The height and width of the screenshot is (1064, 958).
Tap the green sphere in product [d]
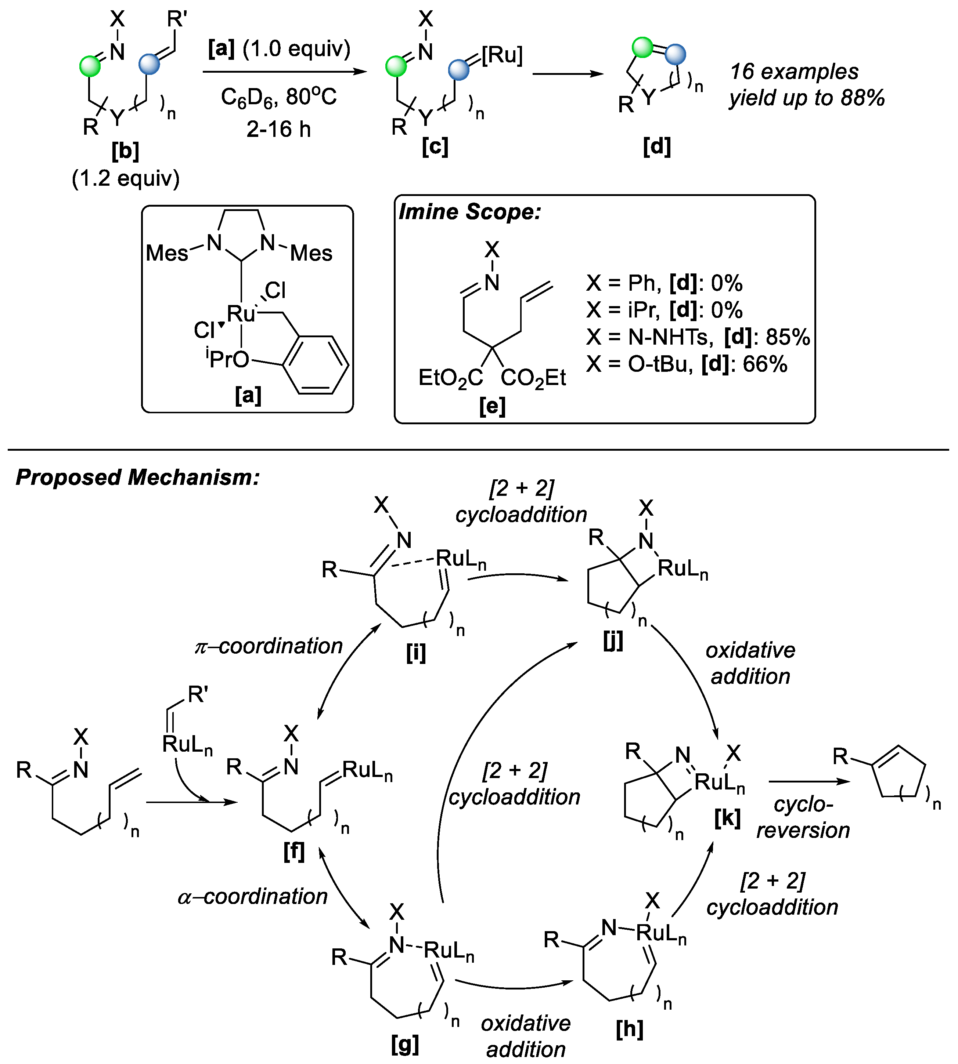642,47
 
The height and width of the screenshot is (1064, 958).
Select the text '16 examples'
794,72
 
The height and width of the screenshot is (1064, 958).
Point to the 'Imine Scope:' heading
469,212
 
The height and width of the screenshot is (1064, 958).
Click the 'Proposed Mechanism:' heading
138,477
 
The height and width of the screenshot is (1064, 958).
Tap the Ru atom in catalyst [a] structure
241,314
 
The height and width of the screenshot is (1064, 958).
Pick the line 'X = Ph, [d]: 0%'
664,283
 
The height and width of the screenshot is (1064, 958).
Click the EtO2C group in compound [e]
450,378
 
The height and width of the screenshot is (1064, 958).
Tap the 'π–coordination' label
269,646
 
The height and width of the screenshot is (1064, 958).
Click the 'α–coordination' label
253,897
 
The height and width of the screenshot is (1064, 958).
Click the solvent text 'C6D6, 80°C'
278,97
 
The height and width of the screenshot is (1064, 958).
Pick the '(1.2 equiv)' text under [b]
125,179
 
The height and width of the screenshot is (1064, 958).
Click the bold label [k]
727,818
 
